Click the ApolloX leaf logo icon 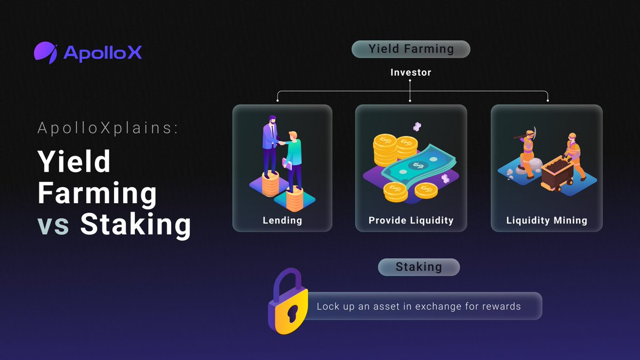tap(46, 52)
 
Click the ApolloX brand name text tap(102, 52)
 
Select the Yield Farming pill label tap(411, 49)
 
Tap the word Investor tap(410, 72)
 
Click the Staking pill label tap(419, 267)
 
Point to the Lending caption tap(282, 220)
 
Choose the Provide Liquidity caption tap(411, 220)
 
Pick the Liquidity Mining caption tap(547, 220)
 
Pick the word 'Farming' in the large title tap(97, 193)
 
